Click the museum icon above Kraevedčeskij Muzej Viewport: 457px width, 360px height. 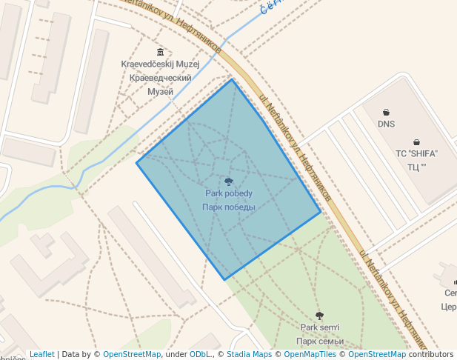point(160,52)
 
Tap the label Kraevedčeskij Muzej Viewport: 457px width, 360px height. point(160,64)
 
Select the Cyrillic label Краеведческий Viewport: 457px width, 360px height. point(160,78)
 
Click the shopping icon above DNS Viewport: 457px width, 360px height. point(386,113)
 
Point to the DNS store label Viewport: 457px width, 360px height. point(386,124)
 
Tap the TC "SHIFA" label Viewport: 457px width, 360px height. point(416,153)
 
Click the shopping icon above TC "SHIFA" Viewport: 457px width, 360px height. point(416,142)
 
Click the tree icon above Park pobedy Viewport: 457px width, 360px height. point(229,181)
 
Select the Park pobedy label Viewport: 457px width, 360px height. point(229,193)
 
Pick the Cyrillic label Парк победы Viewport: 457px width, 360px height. point(229,207)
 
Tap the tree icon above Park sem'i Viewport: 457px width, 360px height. point(319,316)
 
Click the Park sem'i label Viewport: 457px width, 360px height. point(319,327)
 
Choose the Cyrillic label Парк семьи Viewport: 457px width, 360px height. point(319,341)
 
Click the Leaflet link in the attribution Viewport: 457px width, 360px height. point(41,355)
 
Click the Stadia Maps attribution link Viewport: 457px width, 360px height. point(249,355)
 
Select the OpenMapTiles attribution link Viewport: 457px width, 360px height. point(312,355)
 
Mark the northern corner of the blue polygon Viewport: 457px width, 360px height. point(233,79)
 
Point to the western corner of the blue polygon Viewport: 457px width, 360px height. point(136,163)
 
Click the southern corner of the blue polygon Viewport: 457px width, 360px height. point(224,279)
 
